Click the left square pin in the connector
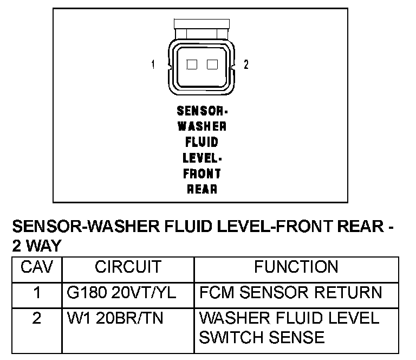191,65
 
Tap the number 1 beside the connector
153,65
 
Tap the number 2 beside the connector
246,65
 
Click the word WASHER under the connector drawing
202,126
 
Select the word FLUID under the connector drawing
202,142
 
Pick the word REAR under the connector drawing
202,189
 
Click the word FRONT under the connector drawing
202,173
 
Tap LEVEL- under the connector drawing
202,158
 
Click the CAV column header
36,267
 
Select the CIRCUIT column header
128,267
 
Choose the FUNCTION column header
296,267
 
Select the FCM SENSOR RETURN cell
290,293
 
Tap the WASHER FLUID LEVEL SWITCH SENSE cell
289,327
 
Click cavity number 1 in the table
36,293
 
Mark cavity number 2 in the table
36,318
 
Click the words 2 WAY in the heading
36,245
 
